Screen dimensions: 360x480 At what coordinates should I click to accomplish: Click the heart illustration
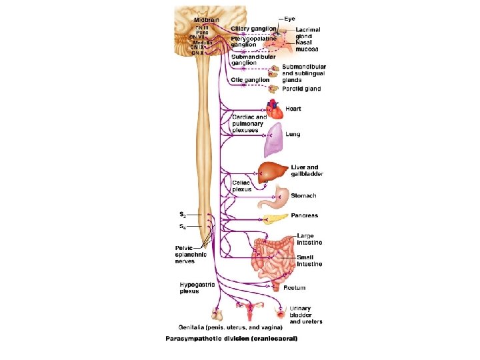pyautogui.click(x=274, y=108)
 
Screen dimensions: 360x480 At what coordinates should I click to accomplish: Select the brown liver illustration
pyautogui.click(x=273, y=171)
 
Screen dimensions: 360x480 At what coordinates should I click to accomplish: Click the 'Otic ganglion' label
pyautogui.click(x=250, y=80)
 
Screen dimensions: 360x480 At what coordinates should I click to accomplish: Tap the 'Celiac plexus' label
pyautogui.click(x=242, y=185)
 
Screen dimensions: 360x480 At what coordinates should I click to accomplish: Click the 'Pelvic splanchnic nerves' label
pyautogui.click(x=191, y=255)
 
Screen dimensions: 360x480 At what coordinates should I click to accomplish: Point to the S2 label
pyautogui.click(x=182, y=215)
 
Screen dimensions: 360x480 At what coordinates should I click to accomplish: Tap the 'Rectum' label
pyautogui.click(x=295, y=288)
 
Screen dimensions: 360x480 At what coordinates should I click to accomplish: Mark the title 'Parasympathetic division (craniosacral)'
pyautogui.click(x=231, y=339)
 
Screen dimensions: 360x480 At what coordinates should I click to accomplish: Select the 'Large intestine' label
pyautogui.click(x=306, y=239)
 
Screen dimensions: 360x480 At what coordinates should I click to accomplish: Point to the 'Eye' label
pyautogui.click(x=289, y=19)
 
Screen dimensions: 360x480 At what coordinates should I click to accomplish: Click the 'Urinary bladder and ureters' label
pyautogui.click(x=306, y=315)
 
